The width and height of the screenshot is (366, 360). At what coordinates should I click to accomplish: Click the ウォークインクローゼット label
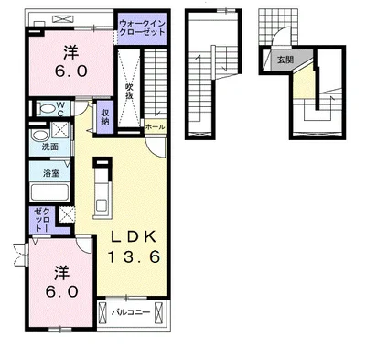142,27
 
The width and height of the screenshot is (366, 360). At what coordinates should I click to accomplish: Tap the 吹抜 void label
129,91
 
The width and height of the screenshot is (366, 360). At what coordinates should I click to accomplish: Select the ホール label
156,127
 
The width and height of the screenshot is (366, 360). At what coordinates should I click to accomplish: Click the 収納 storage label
105,116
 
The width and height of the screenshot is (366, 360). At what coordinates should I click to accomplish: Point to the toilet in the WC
46,108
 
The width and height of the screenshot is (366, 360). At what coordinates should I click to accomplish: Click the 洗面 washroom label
50,147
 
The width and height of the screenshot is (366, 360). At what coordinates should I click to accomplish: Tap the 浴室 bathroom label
50,173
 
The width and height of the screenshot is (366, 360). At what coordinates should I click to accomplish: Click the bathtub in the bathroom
49,192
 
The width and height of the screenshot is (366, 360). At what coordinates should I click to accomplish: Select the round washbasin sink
39,136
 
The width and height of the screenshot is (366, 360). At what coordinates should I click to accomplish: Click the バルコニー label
131,312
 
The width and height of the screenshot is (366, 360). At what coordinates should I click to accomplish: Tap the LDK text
134,237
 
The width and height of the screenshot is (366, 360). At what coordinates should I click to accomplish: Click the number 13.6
134,256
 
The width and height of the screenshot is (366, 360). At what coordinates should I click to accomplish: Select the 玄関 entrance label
285,60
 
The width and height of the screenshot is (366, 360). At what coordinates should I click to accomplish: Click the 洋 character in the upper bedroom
71,52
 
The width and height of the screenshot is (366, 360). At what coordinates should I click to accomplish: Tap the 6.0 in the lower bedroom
62,292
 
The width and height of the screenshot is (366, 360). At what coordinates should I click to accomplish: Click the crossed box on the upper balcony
63,19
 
